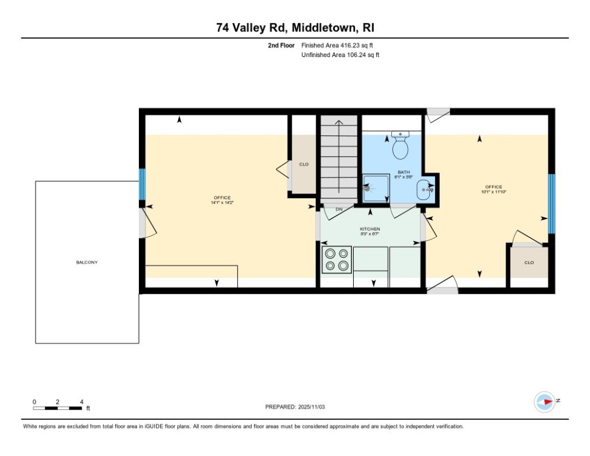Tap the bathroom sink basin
(424, 190)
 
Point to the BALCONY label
(87, 262)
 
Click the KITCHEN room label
(370, 229)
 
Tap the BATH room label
(404, 172)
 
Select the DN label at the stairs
(339, 210)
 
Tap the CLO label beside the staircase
(303, 164)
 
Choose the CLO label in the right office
(528, 262)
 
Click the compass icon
(544, 402)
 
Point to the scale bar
(58, 408)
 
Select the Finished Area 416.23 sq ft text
(337, 45)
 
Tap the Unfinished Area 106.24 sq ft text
(340, 55)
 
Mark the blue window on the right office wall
(551, 204)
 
